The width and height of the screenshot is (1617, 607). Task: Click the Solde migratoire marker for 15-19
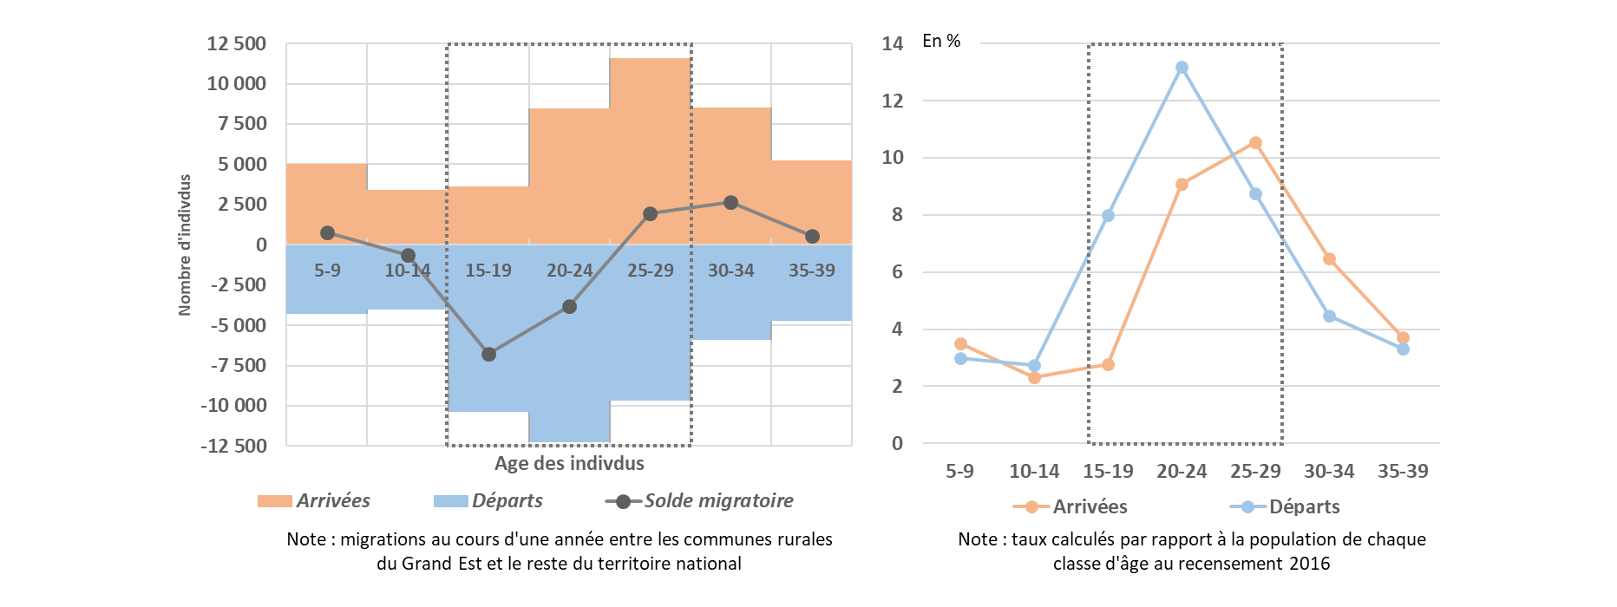(488, 354)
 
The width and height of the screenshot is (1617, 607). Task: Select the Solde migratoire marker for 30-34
(730, 202)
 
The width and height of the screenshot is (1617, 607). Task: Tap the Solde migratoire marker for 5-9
(327, 232)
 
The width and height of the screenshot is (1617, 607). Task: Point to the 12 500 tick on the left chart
(236, 43)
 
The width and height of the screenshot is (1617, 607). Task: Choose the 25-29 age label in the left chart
(650, 271)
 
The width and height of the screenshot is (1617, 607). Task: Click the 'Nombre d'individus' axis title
(185, 245)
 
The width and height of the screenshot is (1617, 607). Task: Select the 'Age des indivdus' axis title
(569, 463)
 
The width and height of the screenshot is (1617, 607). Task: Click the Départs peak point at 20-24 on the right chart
(1182, 68)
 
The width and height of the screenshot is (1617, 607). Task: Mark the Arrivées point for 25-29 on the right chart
(1255, 142)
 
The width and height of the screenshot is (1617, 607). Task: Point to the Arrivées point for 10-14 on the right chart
(1034, 377)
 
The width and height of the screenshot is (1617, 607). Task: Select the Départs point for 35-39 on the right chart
(1403, 349)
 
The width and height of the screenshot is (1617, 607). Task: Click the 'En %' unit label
(941, 41)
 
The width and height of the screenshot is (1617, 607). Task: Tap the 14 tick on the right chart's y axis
(892, 43)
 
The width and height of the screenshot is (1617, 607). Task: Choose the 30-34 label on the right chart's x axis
(1329, 471)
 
